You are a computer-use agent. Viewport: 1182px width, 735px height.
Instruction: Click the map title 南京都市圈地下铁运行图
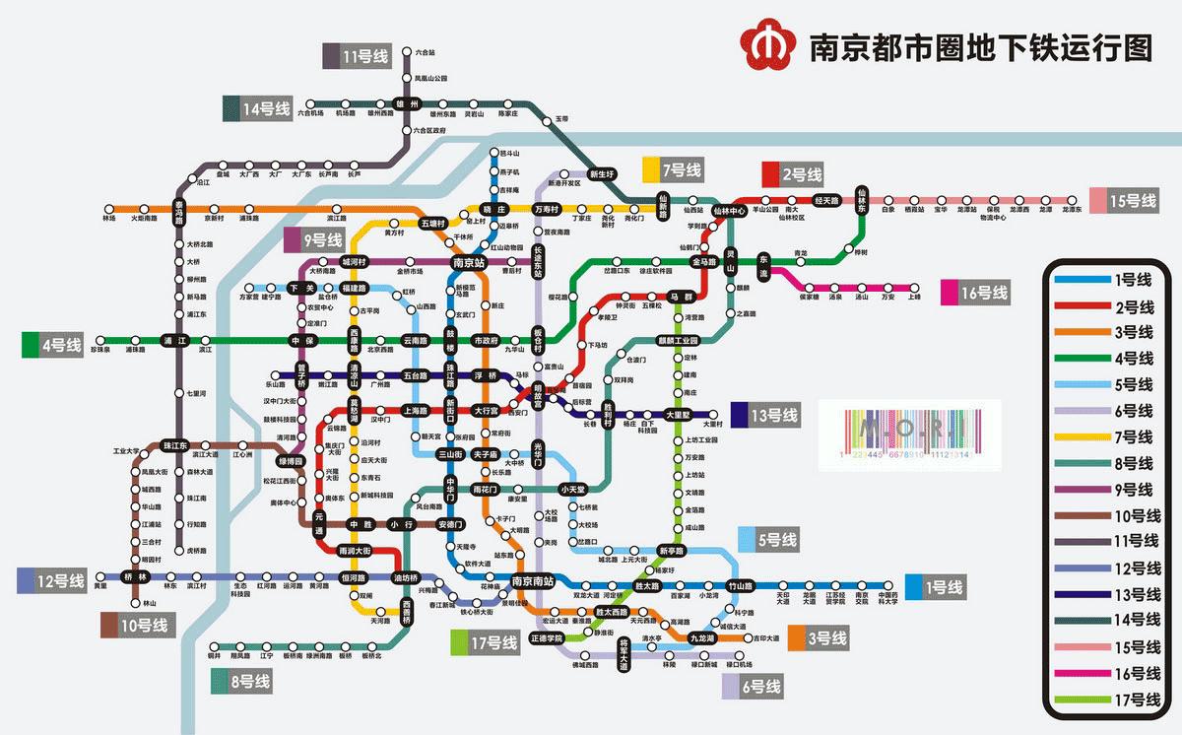tap(980, 47)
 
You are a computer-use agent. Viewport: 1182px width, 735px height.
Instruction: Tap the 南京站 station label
tap(469, 263)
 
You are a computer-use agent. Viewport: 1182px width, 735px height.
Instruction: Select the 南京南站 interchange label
tap(533, 580)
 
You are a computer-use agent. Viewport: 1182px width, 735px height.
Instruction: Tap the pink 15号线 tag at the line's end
tap(1123, 201)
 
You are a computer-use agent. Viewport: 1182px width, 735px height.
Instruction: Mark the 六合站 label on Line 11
tap(425, 51)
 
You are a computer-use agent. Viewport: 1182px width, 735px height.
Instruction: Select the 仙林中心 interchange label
tap(730, 211)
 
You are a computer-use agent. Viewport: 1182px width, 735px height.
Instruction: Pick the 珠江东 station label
tap(175, 446)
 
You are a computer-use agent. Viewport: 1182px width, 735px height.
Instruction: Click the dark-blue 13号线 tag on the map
tap(764, 416)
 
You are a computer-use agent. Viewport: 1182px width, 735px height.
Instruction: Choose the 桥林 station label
tap(135, 576)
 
